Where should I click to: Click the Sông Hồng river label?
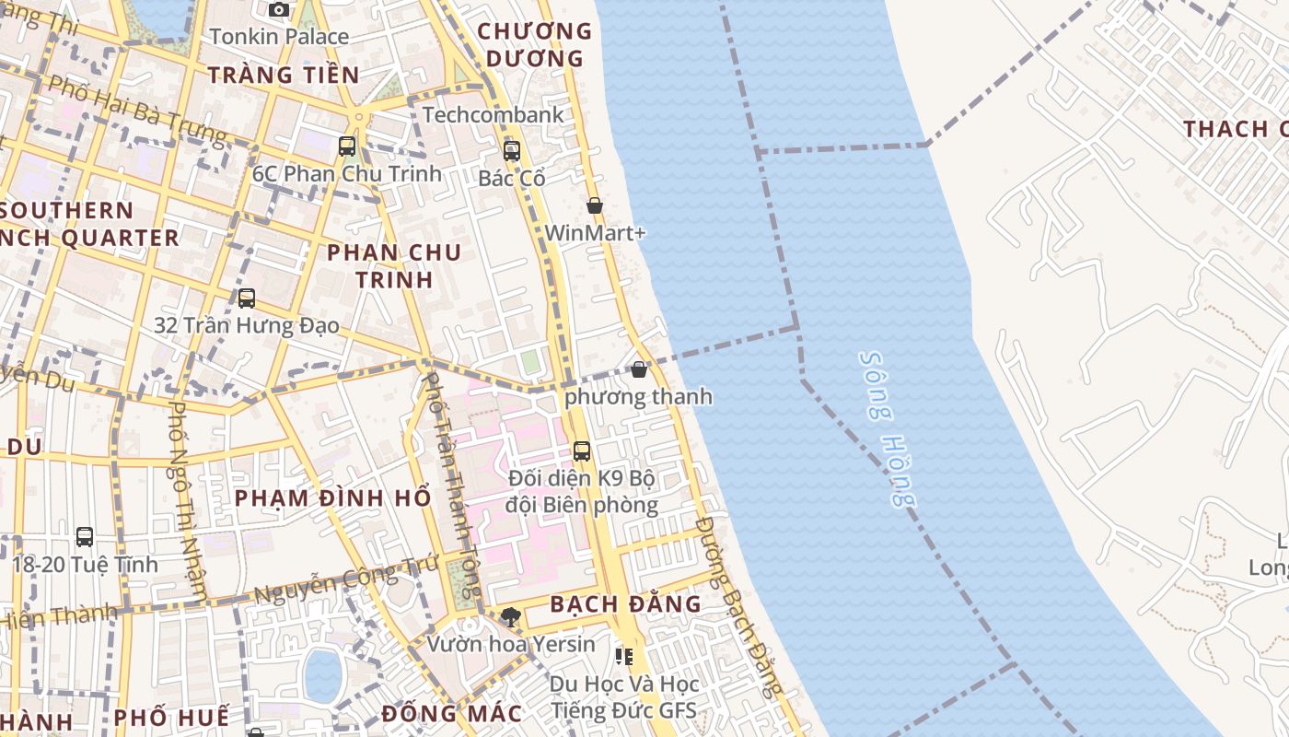pos(888,428)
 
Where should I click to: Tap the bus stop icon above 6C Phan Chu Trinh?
pos(347,146)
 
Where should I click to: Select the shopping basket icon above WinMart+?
pos(595,205)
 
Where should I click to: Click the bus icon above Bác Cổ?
pos(512,151)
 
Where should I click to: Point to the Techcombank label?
pos(493,115)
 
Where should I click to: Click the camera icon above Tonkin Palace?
pos(279,10)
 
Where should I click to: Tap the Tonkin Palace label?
pos(279,37)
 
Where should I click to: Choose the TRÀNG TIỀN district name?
pos(284,75)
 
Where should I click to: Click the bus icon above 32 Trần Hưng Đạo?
pos(246,298)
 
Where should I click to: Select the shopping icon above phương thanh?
pos(639,369)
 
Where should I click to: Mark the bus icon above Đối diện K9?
pos(582,451)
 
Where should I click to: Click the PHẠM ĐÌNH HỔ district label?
pos(332,498)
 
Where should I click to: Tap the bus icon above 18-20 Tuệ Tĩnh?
pos(85,536)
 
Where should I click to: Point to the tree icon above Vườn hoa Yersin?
pos(511,616)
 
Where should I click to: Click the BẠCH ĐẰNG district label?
pos(625,604)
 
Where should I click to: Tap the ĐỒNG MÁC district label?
pos(451,713)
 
